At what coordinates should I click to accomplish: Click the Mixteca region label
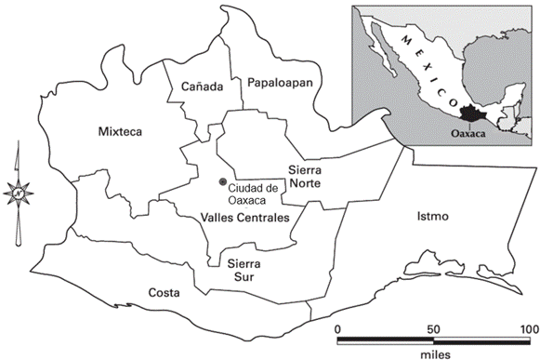click(119, 132)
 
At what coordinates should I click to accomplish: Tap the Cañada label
click(203, 87)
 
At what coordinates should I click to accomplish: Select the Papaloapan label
click(279, 83)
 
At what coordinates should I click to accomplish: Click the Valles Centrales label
click(244, 218)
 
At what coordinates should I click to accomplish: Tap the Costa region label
click(164, 293)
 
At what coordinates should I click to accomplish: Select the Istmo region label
click(433, 217)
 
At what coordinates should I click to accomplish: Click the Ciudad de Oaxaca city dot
click(222, 182)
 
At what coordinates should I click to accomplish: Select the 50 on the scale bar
click(433, 327)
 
